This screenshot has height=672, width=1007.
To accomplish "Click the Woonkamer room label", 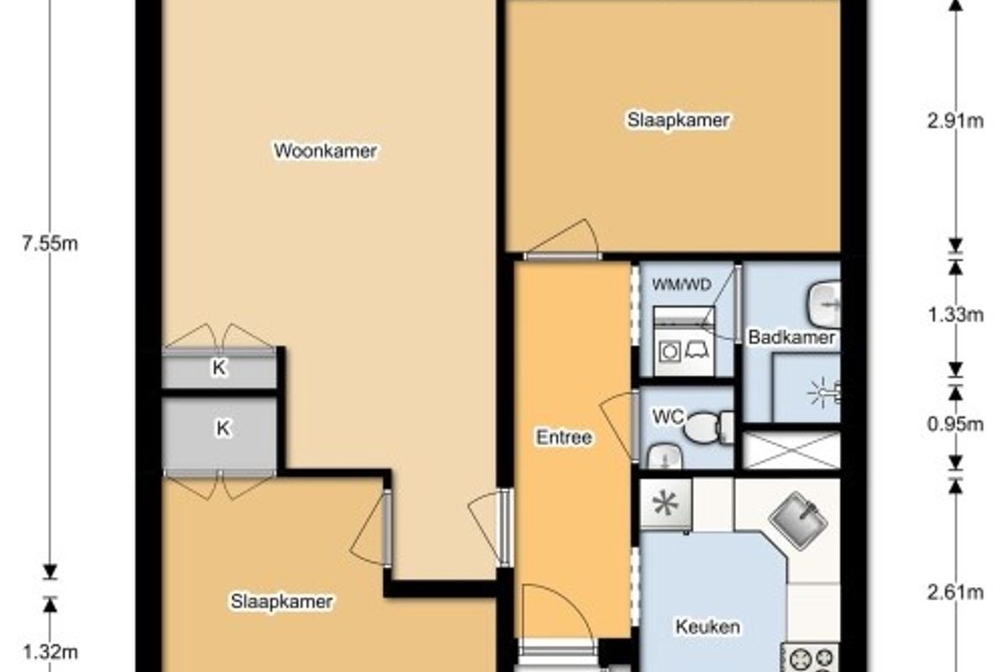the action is [x=326, y=151].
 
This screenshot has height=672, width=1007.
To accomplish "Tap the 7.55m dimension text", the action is [x=50, y=244].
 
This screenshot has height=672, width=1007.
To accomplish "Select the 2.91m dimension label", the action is [x=955, y=121].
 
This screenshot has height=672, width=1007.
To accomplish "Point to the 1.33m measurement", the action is [x=955, y=315].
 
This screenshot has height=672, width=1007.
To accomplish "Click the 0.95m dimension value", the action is [x=955, y=424].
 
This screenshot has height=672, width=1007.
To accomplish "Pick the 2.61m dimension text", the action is [x=955, y=592].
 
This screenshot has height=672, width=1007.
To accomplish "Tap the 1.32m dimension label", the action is [x=50, y=652].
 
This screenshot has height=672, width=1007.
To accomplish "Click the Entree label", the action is [x=564, y=437].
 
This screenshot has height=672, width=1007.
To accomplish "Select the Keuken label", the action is [x=707, y=627].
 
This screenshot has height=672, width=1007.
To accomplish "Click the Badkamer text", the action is [x=791, y=337].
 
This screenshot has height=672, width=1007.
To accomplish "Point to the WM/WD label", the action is [x=681, y=285].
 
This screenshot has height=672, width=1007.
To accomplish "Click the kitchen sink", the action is [x=798, y=520].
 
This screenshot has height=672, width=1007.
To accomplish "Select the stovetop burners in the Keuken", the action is [x=810, y=658].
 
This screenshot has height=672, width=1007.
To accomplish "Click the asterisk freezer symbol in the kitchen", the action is [x=665, y=503].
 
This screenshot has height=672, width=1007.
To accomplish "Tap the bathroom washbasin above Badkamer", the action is [x=824, y=304].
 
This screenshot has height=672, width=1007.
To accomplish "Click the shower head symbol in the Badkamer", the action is [x=823, y=392].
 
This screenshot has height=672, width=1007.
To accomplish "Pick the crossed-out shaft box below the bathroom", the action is [x=791, y=450].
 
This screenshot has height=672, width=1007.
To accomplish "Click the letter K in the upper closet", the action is [x=219, y=368].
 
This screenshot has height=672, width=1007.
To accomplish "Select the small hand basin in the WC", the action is [x=665, y=456].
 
